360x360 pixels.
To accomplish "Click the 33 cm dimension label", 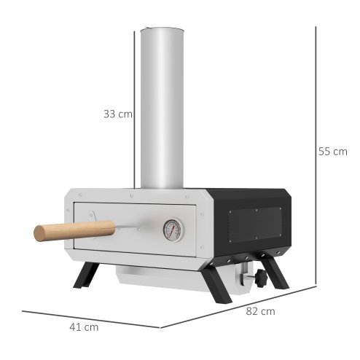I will point(117,114).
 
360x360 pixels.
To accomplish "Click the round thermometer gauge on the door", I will point(173,229).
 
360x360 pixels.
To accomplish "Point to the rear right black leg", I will point(278,272).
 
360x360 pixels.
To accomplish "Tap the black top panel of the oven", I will point(248,192).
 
